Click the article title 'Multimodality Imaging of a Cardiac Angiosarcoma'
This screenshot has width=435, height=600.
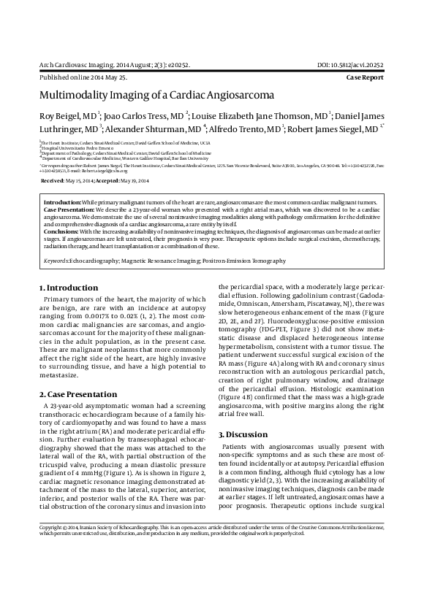[x=156, y=95]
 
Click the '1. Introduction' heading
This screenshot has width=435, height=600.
[x=68, y=288]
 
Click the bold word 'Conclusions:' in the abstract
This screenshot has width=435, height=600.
[x=62, y=231]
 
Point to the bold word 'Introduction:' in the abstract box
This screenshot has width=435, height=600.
[x=62, y=201]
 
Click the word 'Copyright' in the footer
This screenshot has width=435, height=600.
[x=52, y=567]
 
